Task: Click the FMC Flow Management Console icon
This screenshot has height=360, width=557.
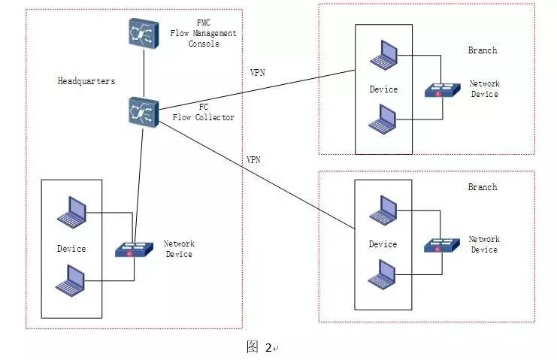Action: [x=142, y=34]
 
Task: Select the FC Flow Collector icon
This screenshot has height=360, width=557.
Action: [x=142, y=111]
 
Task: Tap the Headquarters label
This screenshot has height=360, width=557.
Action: [x=85, y=80]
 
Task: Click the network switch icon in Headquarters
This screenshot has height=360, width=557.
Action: [x=131, y=249]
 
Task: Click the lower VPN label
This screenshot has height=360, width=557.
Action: [x=254, y=160]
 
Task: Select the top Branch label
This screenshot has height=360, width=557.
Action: [x=482, y=50]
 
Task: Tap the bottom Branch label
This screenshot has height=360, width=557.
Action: [x=482, y=186]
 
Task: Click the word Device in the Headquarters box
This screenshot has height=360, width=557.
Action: [x=71, y=249]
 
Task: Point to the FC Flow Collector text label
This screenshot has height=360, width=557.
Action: [x=204, y=112]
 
